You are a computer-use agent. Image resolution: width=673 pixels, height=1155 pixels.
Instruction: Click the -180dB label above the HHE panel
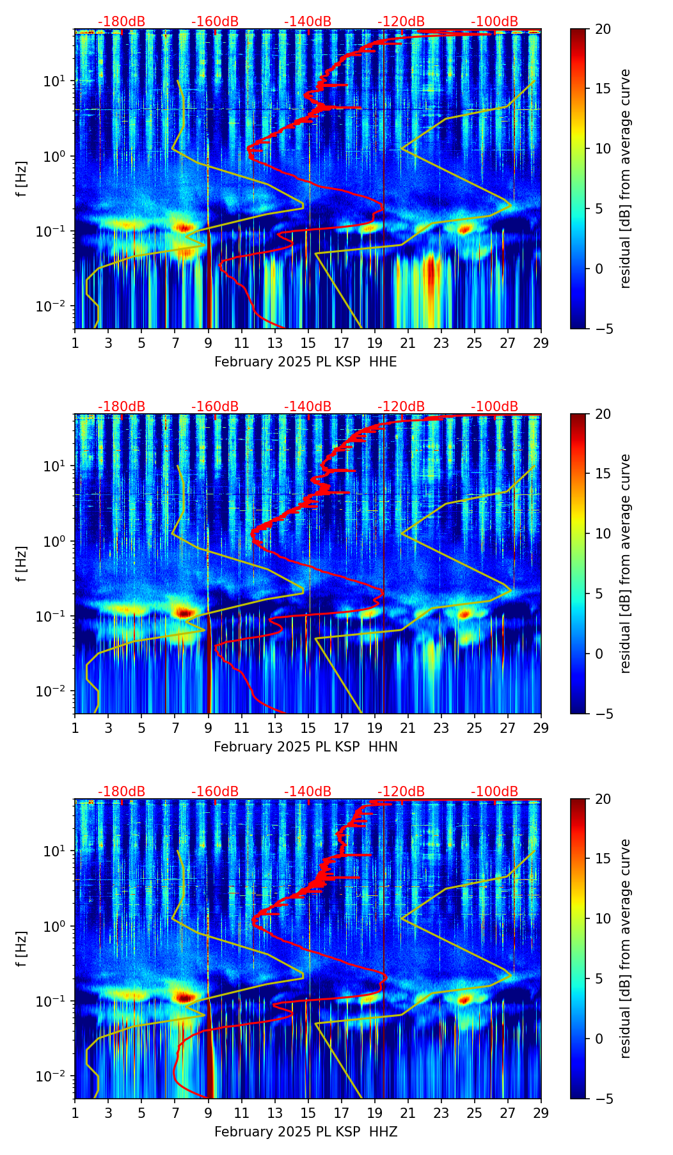122,22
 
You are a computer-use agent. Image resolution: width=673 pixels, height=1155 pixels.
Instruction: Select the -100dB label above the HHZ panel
495,792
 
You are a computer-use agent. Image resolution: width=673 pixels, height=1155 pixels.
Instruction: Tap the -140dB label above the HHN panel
308,407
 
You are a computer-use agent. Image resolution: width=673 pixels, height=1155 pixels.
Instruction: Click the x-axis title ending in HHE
305,362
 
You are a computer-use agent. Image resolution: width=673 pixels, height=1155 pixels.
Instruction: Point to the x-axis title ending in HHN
305,747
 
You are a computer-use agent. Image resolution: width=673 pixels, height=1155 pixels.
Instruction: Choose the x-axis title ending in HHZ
305,1132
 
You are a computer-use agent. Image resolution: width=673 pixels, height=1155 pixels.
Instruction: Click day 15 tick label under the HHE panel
308,343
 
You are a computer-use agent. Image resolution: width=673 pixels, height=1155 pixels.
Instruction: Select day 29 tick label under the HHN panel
541,728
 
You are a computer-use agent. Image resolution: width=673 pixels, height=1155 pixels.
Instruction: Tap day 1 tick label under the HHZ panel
75,1113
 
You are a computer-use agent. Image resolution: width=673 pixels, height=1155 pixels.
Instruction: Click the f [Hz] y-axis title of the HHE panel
22,179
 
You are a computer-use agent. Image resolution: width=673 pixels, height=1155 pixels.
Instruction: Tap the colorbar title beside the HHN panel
626,563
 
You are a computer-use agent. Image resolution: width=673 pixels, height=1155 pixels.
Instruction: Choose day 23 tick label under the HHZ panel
441,1113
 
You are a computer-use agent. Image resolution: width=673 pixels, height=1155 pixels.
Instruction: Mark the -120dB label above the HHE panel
401,22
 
